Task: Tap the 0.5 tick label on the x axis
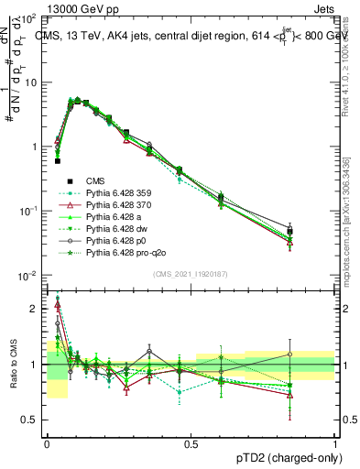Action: [x=191, y=442]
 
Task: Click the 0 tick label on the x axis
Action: [x=47, y=442]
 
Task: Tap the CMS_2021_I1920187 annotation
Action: [x=191, y=273]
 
